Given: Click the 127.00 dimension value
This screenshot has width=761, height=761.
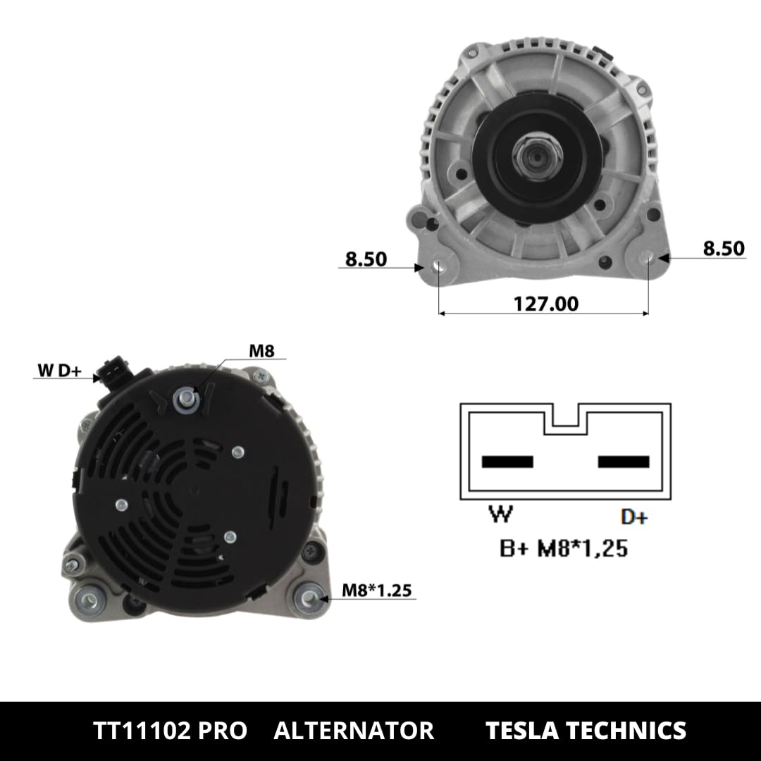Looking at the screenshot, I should tap(545, 304).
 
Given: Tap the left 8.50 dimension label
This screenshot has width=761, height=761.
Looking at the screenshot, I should tap(366, 259).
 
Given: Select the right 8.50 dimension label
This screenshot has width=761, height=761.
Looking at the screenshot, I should tap(723, 249).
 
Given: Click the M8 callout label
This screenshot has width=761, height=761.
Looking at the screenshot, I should tap(261, 350).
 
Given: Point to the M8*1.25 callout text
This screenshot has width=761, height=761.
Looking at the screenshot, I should tap(376, 590).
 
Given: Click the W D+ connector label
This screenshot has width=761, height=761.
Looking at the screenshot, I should tap(59, 371).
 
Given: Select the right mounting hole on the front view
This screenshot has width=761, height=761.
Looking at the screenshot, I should tap(648, 259).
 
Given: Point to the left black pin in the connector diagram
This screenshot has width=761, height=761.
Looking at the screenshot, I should tap(507, 462).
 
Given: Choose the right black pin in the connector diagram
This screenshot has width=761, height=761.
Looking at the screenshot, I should tap(624, 462).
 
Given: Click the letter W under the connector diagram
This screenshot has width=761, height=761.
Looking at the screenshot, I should tap(500, 515).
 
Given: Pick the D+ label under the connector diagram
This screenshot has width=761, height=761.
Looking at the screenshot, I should tap(634, 517).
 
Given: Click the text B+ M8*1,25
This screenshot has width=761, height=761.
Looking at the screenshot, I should tap(564, 548).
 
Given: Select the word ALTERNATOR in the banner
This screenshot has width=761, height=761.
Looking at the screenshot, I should tap(354, 731).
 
